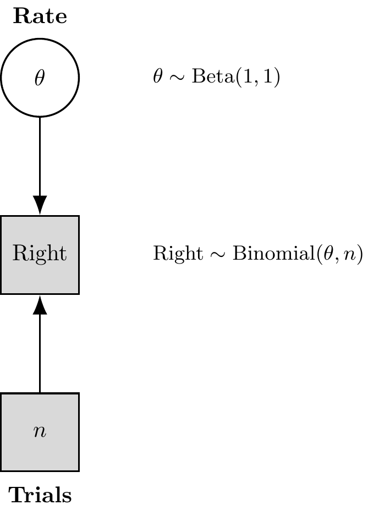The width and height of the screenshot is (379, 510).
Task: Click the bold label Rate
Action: click(40, 17)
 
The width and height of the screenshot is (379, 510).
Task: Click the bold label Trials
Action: click(40, 496)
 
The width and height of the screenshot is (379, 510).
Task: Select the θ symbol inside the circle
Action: click(40, 78)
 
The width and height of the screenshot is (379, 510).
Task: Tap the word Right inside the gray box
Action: click(40, 254)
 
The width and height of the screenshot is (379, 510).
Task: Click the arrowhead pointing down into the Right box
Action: click(40, 205)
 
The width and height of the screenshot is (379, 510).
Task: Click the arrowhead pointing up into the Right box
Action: click(40, 304)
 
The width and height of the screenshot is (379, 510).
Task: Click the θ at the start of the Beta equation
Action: click(158, 78)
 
